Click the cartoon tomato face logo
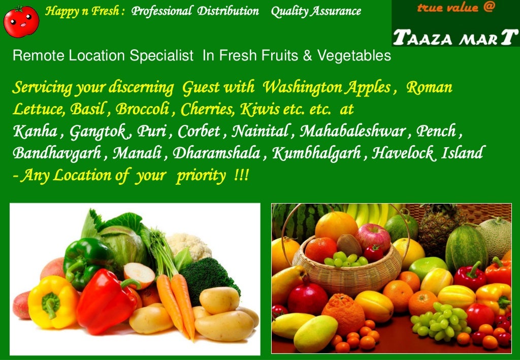point(21,21)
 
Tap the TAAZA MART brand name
point(456,37)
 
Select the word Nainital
point(260,132)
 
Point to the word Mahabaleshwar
point(352,132)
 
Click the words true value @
point(455,8)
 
